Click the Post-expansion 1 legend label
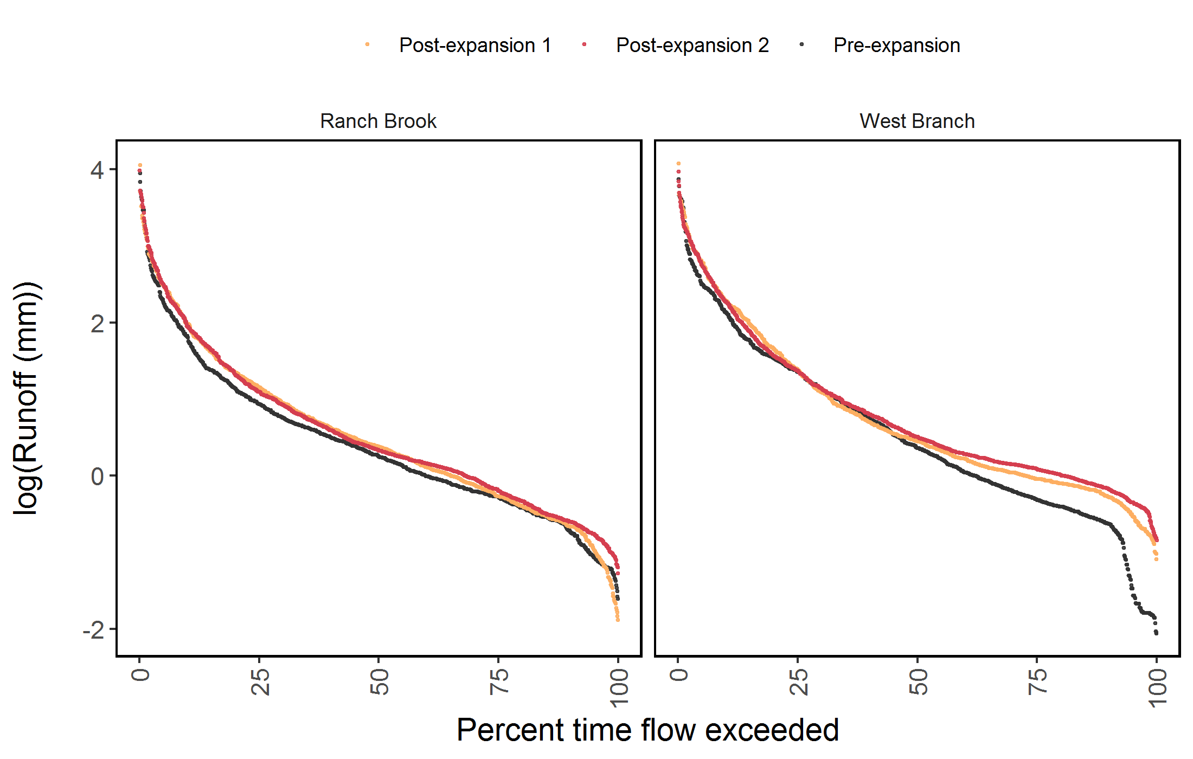click(475, 46)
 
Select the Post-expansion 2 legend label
click(692, 46)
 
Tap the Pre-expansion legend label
click(896, 46)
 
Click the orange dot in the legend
click(368, 44)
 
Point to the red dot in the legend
click(584, 44)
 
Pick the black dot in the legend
click(801, 44)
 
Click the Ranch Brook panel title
click(378, 121)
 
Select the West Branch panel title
click(917, 121)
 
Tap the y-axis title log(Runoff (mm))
click(27, 398)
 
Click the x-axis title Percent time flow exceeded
click(647, 730)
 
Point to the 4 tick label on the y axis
click(97, 171)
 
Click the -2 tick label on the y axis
click(94, 630)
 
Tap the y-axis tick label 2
click(97, 324)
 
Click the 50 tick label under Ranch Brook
click(380, 681)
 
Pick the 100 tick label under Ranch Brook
click(619, 687)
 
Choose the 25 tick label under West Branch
click(798, 681)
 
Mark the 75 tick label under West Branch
click(1037, 681)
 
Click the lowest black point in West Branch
click(1157, 633)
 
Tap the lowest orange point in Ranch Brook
click(618, 620)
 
